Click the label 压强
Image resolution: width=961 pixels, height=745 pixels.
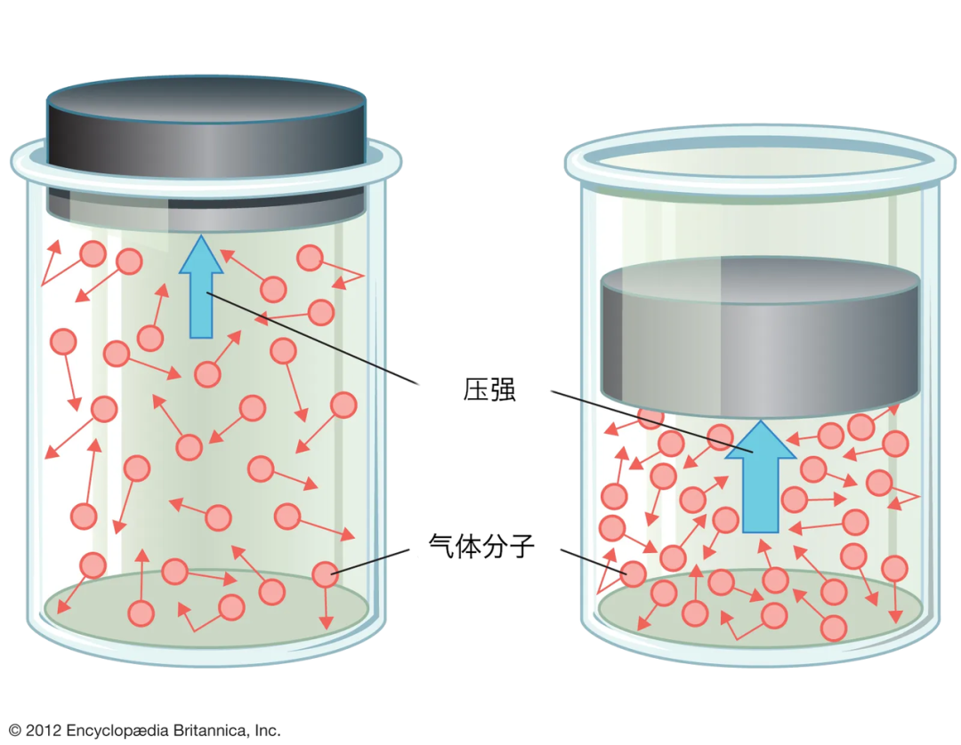[489, 389]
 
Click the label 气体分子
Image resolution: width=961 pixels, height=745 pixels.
[481, 546]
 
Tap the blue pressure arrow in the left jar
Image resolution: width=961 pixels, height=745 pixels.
[201, 286]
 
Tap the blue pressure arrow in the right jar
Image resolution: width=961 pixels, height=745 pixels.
[761, 477]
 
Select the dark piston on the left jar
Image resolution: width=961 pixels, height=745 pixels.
[206, 153]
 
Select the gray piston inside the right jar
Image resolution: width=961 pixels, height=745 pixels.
[760, 337]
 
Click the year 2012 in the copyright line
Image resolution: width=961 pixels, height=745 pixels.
[44, 730]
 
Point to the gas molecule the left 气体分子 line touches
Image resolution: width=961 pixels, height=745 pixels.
[326, 575]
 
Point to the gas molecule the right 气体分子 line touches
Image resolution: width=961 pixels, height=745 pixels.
[634, 574]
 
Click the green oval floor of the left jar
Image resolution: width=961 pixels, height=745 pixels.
[206, 607]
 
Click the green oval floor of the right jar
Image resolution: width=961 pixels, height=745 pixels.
[760, 607]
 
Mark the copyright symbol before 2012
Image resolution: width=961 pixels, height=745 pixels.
[15, 730]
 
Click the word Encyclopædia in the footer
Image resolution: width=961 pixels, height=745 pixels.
[117, 731]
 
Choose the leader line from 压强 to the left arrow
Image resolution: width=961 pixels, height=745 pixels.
[312, 339]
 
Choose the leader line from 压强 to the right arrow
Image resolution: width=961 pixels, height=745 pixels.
[651, 421]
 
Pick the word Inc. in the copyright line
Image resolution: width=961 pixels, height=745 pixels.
[268, 730]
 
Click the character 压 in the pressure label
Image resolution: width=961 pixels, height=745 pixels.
[475, 389]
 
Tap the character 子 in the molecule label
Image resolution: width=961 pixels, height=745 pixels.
[522, 546]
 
